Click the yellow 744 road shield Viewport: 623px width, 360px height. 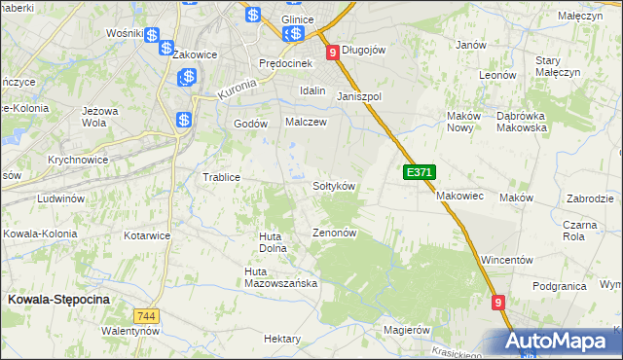[x=147, y=316]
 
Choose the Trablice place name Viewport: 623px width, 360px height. [x=220, y=177]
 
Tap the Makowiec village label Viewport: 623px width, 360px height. [x=459, y=196]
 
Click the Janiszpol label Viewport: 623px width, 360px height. [x=358, y=97]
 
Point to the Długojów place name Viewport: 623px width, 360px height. [x=366, y=51]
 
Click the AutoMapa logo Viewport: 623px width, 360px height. [x=562, y=342]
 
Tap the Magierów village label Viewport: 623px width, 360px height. [x=407, y=330]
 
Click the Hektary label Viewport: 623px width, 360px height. [x=282, y=339]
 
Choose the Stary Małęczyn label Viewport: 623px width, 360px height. [x=558, y=66]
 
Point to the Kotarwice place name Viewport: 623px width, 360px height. [x=148, y=235]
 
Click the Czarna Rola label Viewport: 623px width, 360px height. [x=579, y=230]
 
